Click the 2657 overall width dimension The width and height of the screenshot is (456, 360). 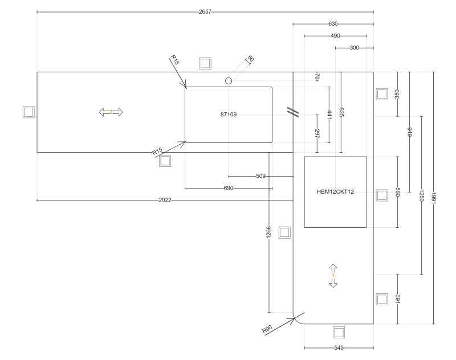click(x=205, y=12)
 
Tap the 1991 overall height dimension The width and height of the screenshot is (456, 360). click(x=434, y=198)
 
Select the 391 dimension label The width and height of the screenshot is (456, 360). click(x=397, y=299)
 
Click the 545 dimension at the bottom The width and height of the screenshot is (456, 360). click(x=339, y=347)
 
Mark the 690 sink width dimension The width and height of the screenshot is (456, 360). click(x=229, y=188)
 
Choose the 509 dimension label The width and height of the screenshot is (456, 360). click(x=261, y=176)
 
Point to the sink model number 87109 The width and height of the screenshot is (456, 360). click(x=229, y=114)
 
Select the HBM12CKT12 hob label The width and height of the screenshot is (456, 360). click(x=336, y=191)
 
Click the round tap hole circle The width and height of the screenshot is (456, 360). click(x=229, y=81)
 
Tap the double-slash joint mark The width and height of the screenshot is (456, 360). click(x=294, y=112)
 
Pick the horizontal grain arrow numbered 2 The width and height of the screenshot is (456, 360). click(x=111, y=112)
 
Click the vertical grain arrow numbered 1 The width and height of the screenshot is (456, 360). click(x=333, y=276)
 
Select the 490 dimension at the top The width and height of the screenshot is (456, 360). click(x=336, y=36)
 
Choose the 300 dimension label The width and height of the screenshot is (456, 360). click(x=354, y=48)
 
